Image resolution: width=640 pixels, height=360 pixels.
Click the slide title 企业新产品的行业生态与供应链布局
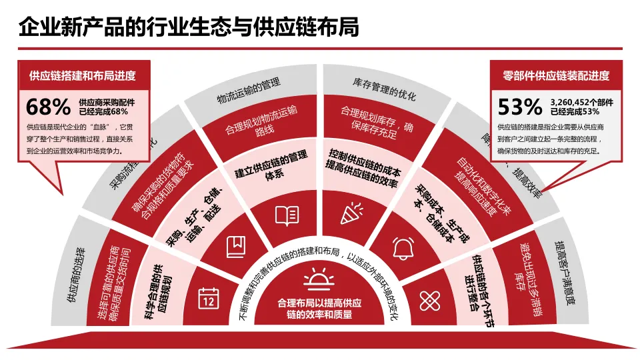(x=189, y=27)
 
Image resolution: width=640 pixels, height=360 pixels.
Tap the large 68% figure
(x=48, y=107)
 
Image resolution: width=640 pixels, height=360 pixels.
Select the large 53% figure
(x=520, y=107)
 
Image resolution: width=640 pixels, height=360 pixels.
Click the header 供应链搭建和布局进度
(x=83, y=75)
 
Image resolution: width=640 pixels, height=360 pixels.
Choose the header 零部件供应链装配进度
(x=556, y=75)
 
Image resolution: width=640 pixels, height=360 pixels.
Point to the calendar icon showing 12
(x=209, y=297)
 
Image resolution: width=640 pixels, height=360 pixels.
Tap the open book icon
(x=287, y=215)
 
